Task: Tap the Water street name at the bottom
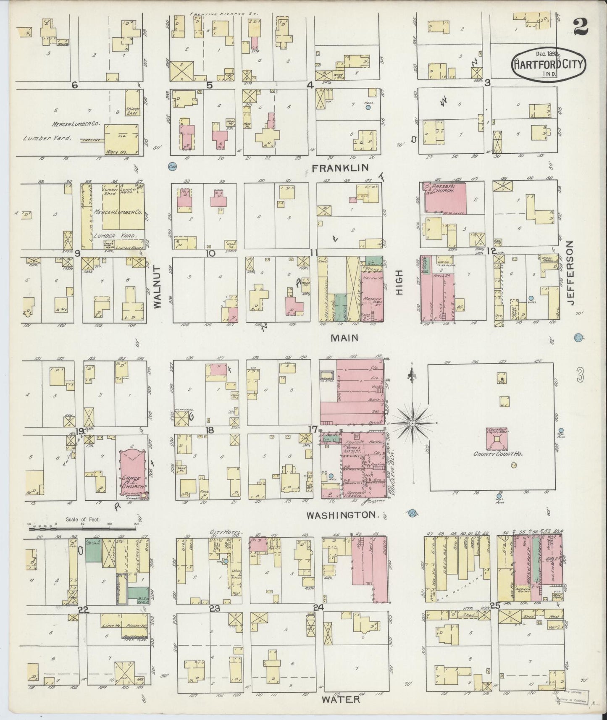pos(341,699)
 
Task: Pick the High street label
pos(399,282)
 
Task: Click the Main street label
pos(344,337)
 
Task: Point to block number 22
pos(84,611)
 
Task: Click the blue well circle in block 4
pos(368,108)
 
